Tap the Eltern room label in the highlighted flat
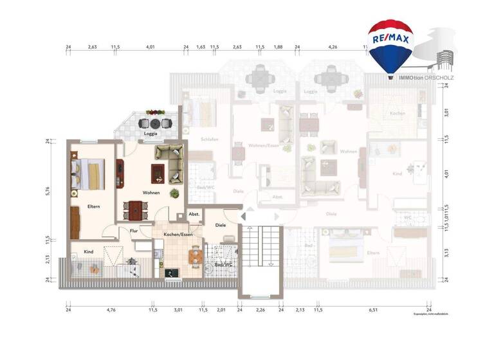93,206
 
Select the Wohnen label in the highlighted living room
151,192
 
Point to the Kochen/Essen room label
178,235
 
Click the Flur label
134,230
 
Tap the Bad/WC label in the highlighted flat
223,264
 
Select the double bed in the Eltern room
88,174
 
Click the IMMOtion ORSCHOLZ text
426,78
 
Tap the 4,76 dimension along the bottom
110,309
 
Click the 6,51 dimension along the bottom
373,309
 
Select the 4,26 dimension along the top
333,46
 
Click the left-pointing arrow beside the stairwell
244,217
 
